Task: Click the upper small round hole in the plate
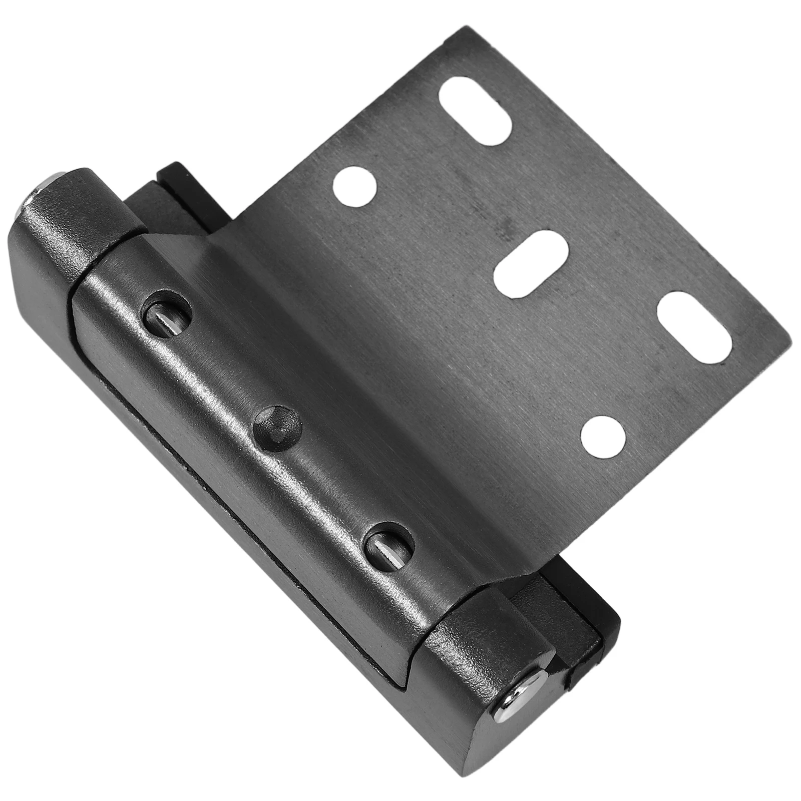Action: pyautogui.click(x=354, y=187)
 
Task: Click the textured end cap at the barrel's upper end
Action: pyautogui.click(x=75, y=220)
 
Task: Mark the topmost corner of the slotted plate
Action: pyautogui.click(x=459, y=29)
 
